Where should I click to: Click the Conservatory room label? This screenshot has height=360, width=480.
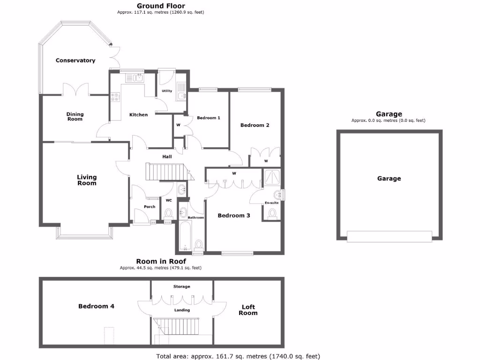[x=75, y=60]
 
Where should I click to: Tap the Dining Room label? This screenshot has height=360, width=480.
[x=75, y=116]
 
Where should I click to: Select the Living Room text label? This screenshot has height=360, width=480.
[x=87, y=180]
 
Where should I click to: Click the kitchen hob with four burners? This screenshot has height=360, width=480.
[x=115, y=97]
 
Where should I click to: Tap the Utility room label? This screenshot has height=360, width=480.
[x=166, y=91]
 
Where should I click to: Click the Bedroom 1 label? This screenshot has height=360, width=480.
[x=208, y=118]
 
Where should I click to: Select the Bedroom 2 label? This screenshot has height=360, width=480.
[x=255, y=125]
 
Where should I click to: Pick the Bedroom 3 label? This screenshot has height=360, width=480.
[x=233, y=216]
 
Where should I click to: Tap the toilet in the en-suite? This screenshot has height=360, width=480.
[x=272, y=214]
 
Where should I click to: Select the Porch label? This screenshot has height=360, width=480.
[x=149, y=207]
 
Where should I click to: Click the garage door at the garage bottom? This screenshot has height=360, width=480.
[x=389, y=236]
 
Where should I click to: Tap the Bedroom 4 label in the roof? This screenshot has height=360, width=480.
[x=96, y=306]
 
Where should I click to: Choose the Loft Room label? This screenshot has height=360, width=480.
[x=248, y=310]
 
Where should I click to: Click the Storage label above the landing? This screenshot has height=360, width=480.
[x=181, y=286]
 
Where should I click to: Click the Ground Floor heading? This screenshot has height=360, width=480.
[x=160, y=6]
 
